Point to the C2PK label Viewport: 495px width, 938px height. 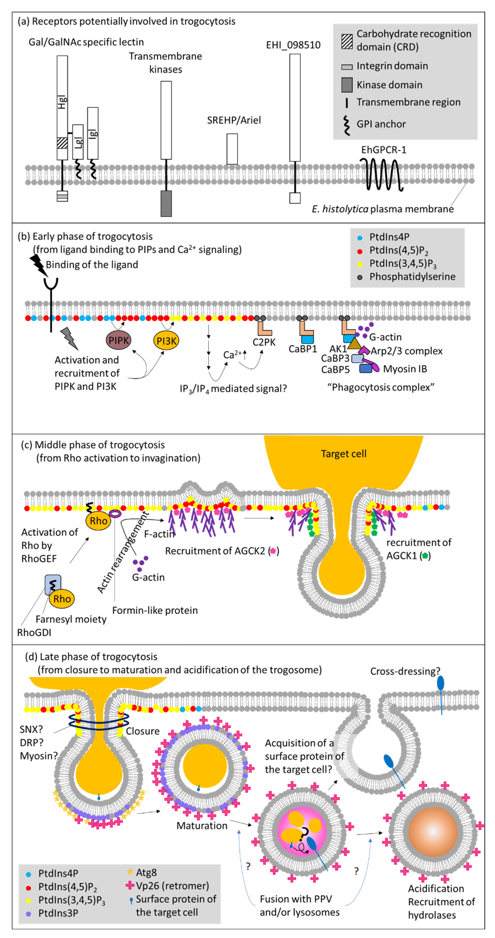point(264,342)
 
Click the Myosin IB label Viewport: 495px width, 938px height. point(405,369)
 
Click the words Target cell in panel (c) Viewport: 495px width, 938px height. point(343,454)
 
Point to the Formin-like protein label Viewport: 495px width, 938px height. point(155,610)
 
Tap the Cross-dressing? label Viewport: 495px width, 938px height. point(405,671)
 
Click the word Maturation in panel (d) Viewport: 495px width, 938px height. point(202,825)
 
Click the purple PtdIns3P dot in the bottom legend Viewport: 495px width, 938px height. point(29,913)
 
